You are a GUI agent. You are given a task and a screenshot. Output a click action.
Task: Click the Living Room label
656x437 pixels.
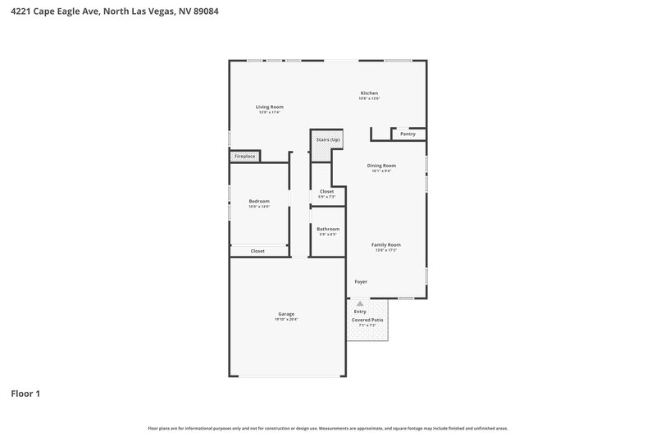pyautogui.click(x=269, y=107)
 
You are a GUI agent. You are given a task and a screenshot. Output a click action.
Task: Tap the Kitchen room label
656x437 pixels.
pyautogui.click(x=369, y=93)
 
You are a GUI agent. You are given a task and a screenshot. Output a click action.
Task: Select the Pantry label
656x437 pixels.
pyautogui.click(x=408, y=134)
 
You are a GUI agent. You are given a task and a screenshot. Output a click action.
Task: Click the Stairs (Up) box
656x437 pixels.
pyautogui.click(x=327, y=140)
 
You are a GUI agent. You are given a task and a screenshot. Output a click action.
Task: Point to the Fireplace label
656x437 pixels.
pyautogui.click(x=245, y=156)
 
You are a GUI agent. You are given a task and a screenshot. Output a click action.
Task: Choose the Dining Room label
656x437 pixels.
pyautogui.click(x=381, y=166)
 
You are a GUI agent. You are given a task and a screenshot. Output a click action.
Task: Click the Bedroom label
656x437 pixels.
pyautogui.click(x=259, y=201)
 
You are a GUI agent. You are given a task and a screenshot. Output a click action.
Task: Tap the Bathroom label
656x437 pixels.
pyautogui.click(x=328, y=229)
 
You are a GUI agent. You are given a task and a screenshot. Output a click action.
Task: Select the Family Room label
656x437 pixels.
pyautogui.click(x=386, y=244)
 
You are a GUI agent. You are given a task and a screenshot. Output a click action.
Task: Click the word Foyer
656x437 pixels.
pyautogui.click(x=361, y=281)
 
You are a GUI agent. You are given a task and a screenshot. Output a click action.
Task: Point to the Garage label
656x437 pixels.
pyautogui.click(x=286, y=314)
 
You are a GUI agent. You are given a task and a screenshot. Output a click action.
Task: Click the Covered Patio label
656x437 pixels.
pyautogui.click(x=367, y=320)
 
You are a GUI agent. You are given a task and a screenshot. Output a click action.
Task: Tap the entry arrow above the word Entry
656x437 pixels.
pyautogui.click(x=359, y=303)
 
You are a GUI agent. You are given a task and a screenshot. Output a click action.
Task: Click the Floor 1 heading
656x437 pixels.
pyautogui.click(x=25, y=394)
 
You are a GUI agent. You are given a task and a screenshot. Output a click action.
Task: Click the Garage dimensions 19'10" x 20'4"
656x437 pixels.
pyautogui.click(x=286, y=319)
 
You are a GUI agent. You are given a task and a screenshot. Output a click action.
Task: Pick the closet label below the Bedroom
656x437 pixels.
pyautogui.click(x=257, y=251)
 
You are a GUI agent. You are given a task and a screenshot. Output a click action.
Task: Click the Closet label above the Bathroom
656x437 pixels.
pyautogui.click(x=327, y=191)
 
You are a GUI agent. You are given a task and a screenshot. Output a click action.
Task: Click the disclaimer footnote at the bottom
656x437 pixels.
pyautogui.click(x=327, y=428)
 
